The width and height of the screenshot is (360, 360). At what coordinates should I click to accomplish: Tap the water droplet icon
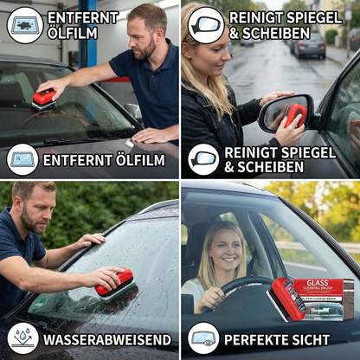click(22, 337)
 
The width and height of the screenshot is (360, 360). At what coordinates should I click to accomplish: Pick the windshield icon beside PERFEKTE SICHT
click(203, 337)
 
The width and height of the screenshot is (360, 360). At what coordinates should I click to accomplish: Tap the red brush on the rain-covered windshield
click(114, 282)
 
